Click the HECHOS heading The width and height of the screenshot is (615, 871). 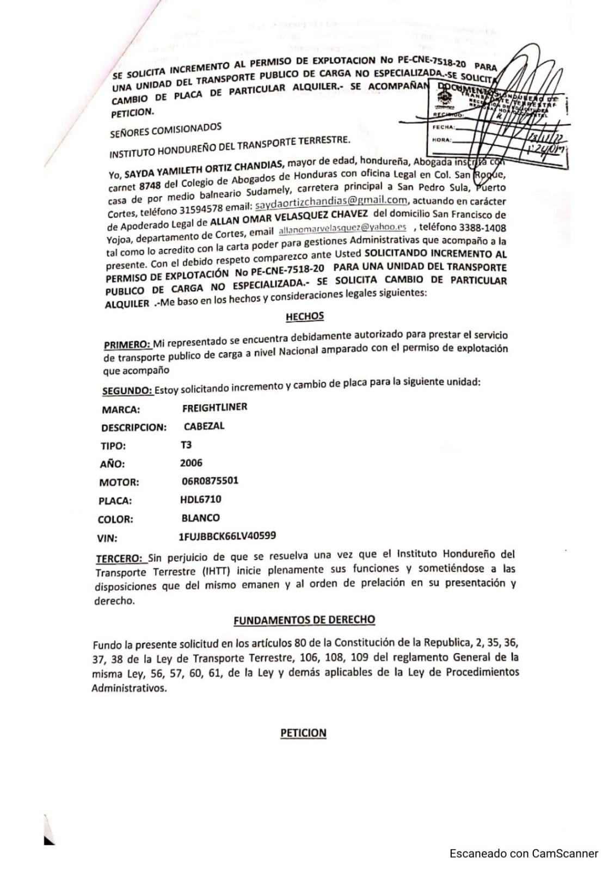(x=304, y=316)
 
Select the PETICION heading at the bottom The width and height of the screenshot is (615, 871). (x=303, y=733)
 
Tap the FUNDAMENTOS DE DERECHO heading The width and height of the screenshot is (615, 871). (x=304, y=620)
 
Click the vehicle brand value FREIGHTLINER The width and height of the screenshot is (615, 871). (x=214, y=407)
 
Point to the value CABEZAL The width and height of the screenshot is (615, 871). (x=204, y=426)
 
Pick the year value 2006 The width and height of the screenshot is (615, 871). (x=191, y=463)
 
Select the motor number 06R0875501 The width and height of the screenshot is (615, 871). (x=210, y=481)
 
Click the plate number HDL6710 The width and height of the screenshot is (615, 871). (x=200, y=499)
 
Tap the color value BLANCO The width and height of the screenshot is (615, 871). (x=200, y=518)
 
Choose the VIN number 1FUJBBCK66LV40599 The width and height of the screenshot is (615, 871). (x=227, y=536)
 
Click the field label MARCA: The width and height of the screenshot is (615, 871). (x=120, y=410)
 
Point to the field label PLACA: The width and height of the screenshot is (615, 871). (x=115, y=501)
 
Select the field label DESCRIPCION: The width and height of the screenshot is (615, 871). (x=133, y=428)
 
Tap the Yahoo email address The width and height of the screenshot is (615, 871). (x=342, y=229)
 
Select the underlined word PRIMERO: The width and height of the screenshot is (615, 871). (x=127, y=345)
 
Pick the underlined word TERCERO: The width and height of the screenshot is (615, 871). (x=120, y=559)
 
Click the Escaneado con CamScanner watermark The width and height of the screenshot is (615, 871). (x=524, y=854)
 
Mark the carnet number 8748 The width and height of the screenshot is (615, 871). (x=150, y=186)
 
